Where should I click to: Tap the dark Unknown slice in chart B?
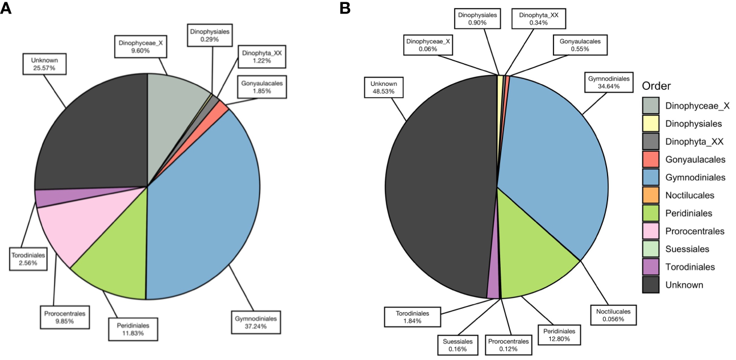[x=438, y=188]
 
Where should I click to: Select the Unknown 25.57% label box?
[x=45, y=64]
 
